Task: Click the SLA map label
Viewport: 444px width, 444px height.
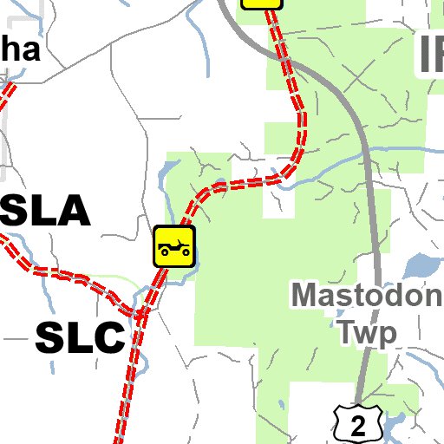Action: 43,212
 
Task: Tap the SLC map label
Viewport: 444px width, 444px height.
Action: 80,337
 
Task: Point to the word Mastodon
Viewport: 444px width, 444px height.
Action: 366,296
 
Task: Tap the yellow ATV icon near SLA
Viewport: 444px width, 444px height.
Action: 174,246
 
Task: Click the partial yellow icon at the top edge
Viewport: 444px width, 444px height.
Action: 262,3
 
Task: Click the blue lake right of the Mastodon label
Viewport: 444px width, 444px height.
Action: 420,265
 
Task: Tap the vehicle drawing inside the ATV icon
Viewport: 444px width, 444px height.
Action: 174,247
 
